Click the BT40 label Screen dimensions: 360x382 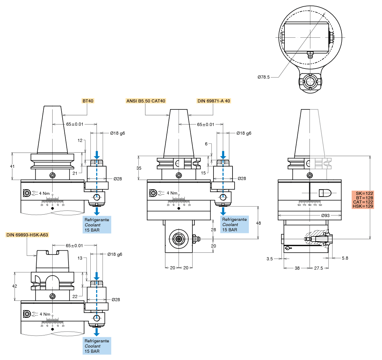pyautogui.click(x=88, y=101)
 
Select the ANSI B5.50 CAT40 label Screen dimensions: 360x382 pyautogui.click(x=146, y=101)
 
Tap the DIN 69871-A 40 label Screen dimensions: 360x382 pyautogui.click(x=213, y=101)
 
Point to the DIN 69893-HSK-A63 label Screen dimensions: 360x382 pyautogui.click(x=27, y=235)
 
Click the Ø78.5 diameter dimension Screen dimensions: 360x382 pyautogui.click(x=264, y=77)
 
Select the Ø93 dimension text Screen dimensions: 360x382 pyautogui.click(x=325, y=215)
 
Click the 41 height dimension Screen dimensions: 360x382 pyautogui.click(x=12, y=166)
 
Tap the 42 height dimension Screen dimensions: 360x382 pyautogui.click(x=14, y=286)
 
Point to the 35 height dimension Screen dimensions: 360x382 pyautogui.click(x=139, y=168)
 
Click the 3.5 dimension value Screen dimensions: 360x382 pyautogui.click(x=270, y=258)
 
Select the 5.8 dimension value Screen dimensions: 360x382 pyautogui.click(x=345, y=258)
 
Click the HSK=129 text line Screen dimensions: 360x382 pyautogui.click(x=363, y=206)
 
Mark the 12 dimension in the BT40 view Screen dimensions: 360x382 pyautogui.click(x=80, y=141)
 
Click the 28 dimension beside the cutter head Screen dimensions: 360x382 pyautogui.click(x=213, y=229)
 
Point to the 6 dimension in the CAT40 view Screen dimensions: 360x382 pyautogui.click(x=206, y=144)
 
